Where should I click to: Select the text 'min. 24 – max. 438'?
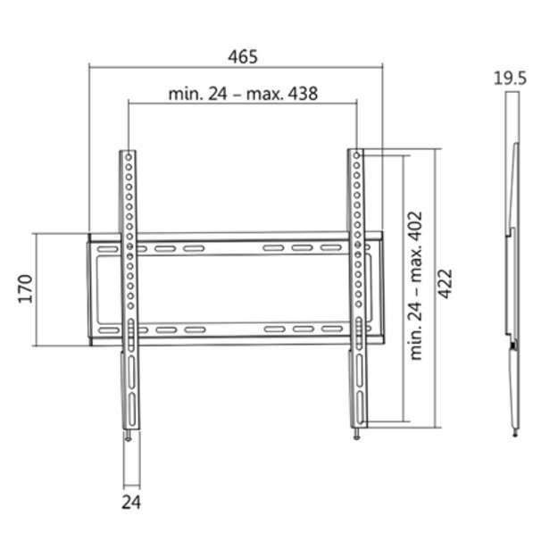(x=243, y=93)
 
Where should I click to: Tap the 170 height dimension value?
(x=26, y=289)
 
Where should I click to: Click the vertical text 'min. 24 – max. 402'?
(x=414, y=285)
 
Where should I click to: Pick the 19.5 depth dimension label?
(x=510, y=78)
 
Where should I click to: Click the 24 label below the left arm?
(x=131, y=502)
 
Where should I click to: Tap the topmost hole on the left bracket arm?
(x=130, y=158)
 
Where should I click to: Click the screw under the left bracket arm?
(x=131, y=436)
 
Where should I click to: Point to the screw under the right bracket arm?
(x=359, y=436)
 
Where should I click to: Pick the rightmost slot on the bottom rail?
(x=332, y=330)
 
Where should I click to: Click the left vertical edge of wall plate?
(x=89, y=288)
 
